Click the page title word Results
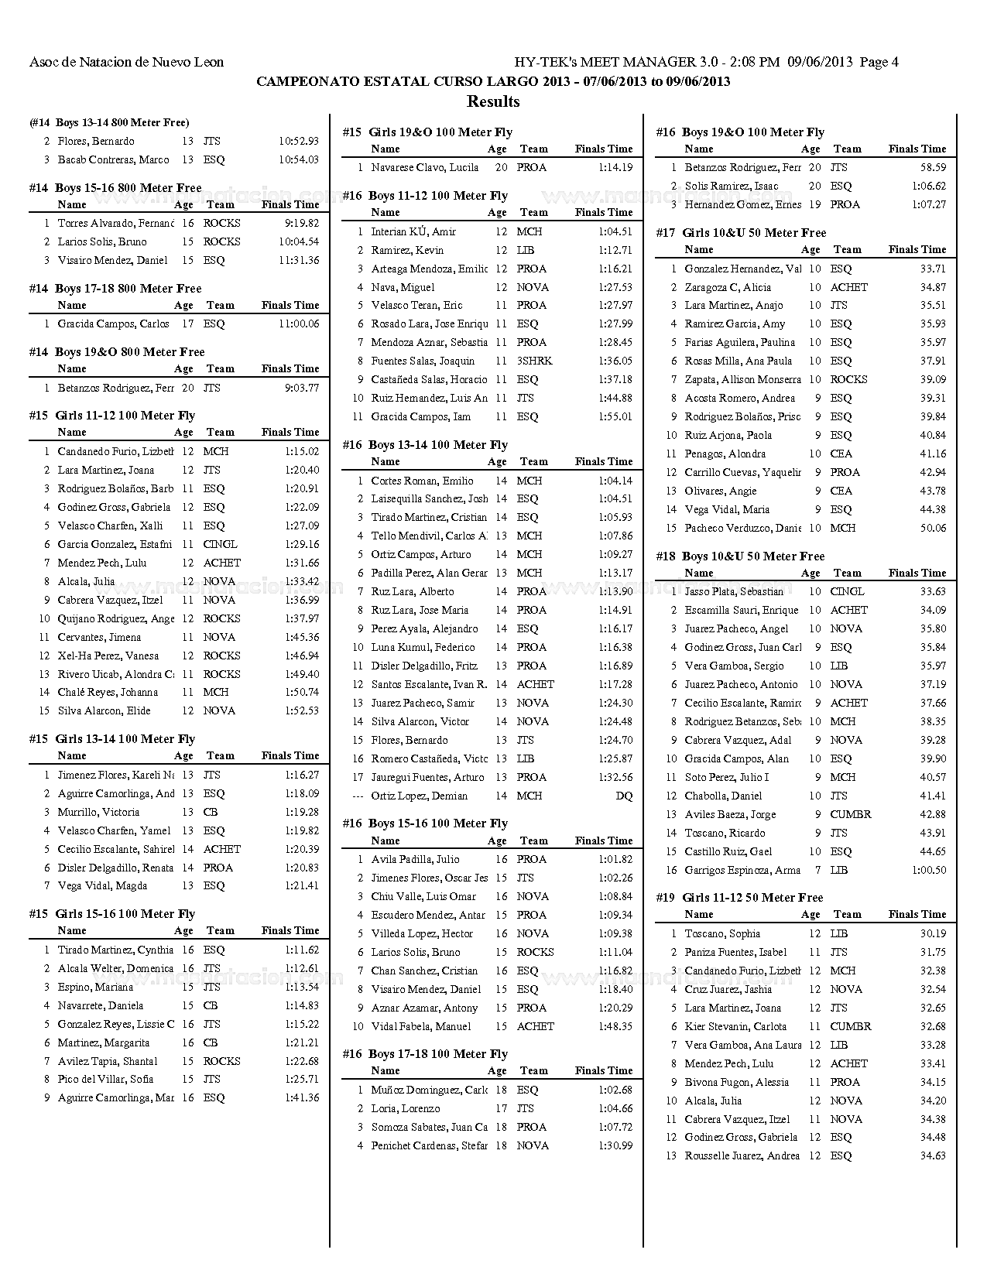pos(493,101)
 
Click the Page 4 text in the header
pos(879,62)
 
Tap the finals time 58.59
pos(932,167)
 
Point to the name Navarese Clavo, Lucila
pos(424,167)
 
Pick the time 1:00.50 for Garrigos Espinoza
pos(929,870)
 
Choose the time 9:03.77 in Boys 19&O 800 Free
pos(302,388)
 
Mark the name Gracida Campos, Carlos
pos(113,324)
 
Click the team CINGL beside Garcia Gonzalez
pos(220,544)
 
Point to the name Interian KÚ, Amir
pos(413,231)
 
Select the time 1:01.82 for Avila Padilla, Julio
pos(615,859)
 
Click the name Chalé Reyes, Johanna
pos(108,693)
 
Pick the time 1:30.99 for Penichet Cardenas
pos(615,1145)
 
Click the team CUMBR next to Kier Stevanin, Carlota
pos(850,1026)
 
